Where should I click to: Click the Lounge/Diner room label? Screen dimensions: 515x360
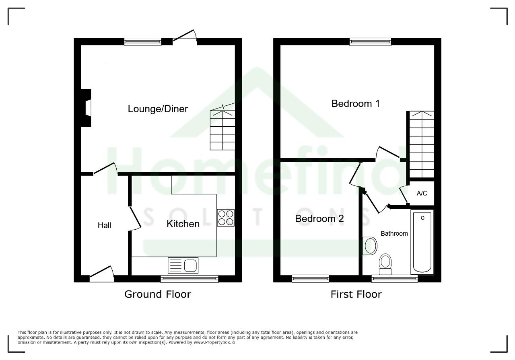(158, 109)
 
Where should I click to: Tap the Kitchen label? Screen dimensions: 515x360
(183, 224)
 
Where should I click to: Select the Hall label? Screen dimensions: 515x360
(104, 225)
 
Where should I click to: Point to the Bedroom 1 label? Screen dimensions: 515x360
(355, 104)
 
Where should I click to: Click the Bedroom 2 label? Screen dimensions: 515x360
(319, 219)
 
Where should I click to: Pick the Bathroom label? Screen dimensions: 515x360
(394, 234)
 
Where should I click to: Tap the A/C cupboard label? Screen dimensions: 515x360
(422, 193)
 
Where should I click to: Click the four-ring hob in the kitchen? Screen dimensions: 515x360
(226, 218)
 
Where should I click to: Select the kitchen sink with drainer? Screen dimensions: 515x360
(183, 265)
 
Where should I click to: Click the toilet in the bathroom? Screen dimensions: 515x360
(385, 264)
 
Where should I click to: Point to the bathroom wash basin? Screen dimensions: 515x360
(370, 246)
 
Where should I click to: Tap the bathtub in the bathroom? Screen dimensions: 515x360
(422, 242)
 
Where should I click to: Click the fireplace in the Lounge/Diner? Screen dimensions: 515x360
(86, 108)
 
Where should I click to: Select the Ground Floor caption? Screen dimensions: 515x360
(158, 294)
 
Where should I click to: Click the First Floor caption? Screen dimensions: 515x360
(356, 294)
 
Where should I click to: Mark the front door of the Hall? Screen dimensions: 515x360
(102, 274)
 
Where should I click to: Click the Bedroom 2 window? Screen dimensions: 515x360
(310, 279)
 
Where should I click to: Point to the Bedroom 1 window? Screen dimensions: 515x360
(371, 41)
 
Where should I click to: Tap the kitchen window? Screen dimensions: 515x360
(189, 279)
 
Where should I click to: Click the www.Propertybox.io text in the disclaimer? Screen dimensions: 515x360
(214, 342)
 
